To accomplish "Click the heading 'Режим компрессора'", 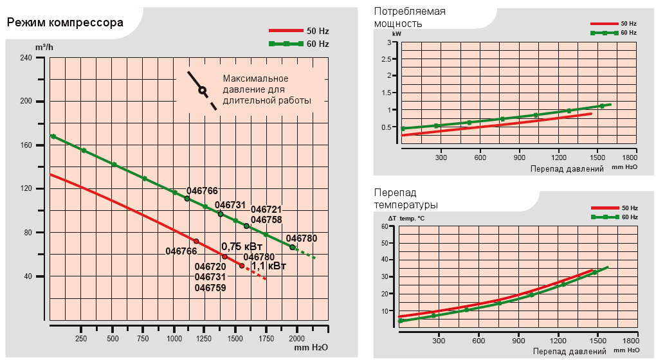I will [65, 24].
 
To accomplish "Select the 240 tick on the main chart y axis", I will [26, 58].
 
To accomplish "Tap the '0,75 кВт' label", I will [242, 246].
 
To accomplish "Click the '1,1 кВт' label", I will [269, 265].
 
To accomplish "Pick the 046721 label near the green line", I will [266, 210].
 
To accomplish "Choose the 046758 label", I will [266, 220].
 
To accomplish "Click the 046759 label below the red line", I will [210, 288].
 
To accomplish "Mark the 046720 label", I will [210, 266].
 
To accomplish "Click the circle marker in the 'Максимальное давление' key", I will [202, 91].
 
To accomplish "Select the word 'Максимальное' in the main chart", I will [253, 78].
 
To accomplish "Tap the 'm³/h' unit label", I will [44, 48].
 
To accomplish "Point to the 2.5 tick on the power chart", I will [387, 59].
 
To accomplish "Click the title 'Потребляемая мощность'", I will [410, 17].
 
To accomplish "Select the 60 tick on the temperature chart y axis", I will [386, 226].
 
